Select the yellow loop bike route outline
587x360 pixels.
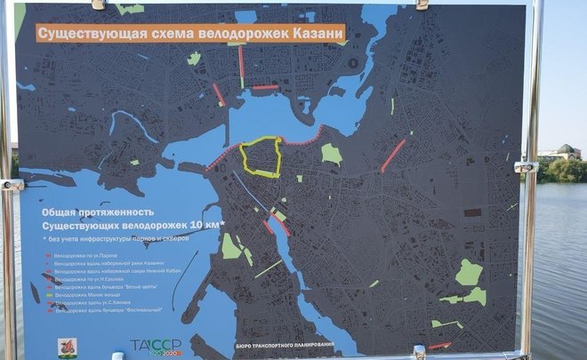point(260,157)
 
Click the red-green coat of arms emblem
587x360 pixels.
point(67,347)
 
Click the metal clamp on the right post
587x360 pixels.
point(526,166)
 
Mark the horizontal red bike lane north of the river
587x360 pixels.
point(265,87)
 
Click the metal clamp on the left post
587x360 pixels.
point(12,185)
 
